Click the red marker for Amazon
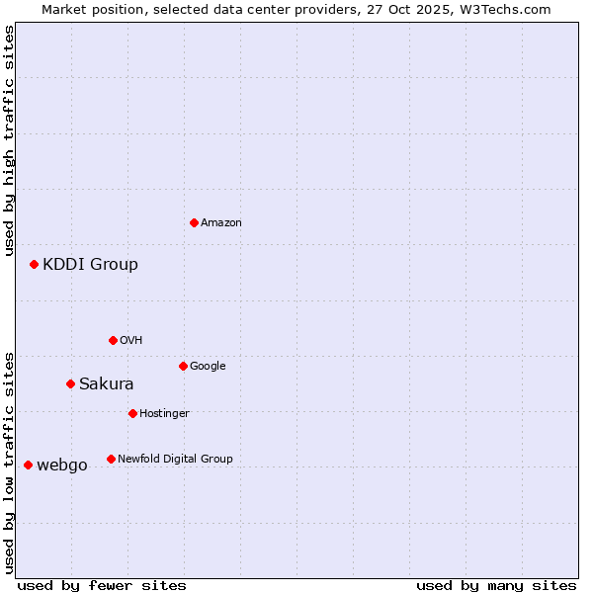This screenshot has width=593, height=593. pos(194,222)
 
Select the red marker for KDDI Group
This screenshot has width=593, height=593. pos(34,264)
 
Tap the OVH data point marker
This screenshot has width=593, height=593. pos(113,340)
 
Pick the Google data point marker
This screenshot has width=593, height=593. pos(183,366)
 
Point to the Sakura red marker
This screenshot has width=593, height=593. pos(70,383)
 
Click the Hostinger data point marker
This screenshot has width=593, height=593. pos(132,413)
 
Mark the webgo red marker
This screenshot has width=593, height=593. pos(28,465)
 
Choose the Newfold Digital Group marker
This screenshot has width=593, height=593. pos(111,459)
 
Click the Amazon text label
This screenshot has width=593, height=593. pos(221,223)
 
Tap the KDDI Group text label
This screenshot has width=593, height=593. pos(90,264)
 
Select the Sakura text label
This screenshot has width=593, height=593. pos(107,383)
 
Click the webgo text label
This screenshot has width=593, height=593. pos(62,466)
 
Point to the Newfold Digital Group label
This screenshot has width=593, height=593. pos(175,459)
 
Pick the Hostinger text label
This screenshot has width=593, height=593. pos(164,413)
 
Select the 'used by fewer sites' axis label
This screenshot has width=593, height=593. pos(102,586)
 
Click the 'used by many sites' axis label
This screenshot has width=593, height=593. pos(496,586)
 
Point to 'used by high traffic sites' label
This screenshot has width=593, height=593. pos(9,140)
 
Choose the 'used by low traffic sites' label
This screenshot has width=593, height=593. pos(9,463)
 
